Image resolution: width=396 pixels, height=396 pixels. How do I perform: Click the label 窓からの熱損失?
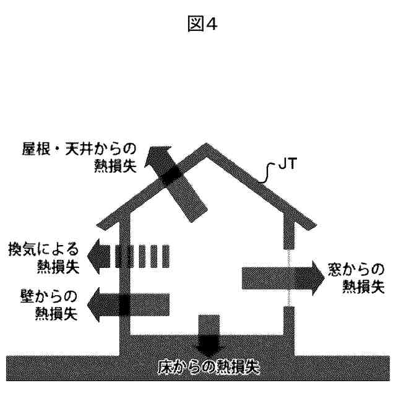pyautogui.click(x=355, y=277)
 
